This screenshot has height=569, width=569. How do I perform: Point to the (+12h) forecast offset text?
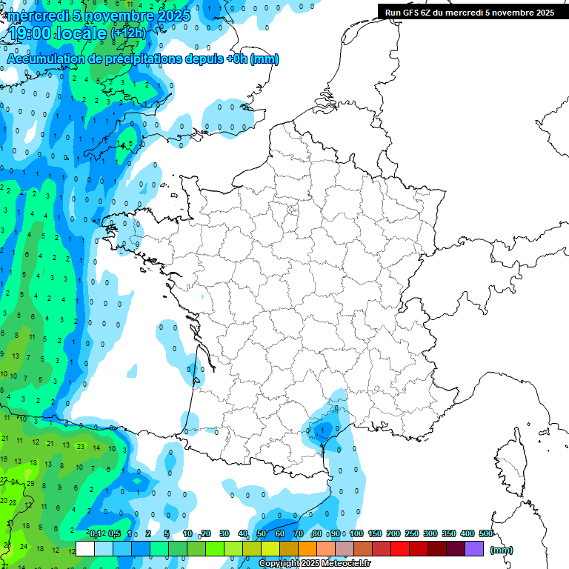[128, 33]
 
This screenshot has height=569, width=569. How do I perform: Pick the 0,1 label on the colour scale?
[96, 534]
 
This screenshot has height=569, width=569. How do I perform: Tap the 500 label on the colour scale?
[486, 534]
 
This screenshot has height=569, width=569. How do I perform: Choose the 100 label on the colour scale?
[356, 534]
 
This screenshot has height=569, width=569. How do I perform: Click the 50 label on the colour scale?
[262, 534]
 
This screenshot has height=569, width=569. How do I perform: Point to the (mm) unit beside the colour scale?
[501, 550]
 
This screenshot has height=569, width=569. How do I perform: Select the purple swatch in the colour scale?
[474, 549]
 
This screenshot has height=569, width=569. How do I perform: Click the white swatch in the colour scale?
[84, 549]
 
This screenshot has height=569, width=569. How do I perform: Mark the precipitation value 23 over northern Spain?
[80, 446]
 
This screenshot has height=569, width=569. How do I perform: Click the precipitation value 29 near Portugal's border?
[31, 483]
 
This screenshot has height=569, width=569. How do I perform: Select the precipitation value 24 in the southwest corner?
[23, 547]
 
